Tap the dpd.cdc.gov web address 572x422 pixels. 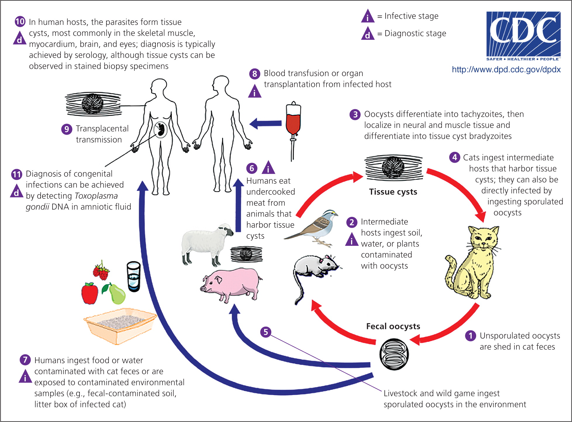tap(506, 70)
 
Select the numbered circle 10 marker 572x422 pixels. tap(20, 21)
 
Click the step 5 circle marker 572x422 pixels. tap(266, 332)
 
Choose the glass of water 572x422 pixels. tap(134, 276)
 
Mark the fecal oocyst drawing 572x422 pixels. tap(394, 354)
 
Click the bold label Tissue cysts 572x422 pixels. tap(393, 192)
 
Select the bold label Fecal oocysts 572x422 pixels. tap(393, 326)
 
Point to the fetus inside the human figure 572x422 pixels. tap(160, 130)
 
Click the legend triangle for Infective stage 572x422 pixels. tap(368, 16)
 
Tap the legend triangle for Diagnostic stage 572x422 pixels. tap(368, 34)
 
